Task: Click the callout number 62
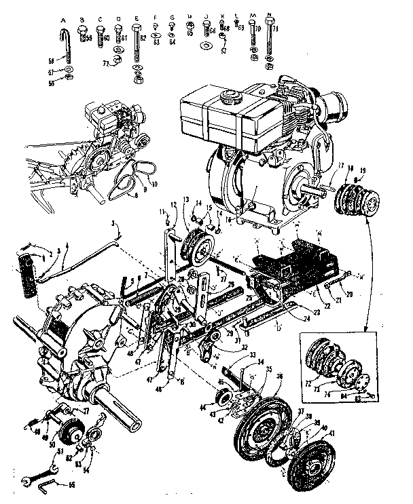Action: coord(143,39)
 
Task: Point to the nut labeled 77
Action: coord(116,63)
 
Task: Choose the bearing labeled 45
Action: coord(224,399)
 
